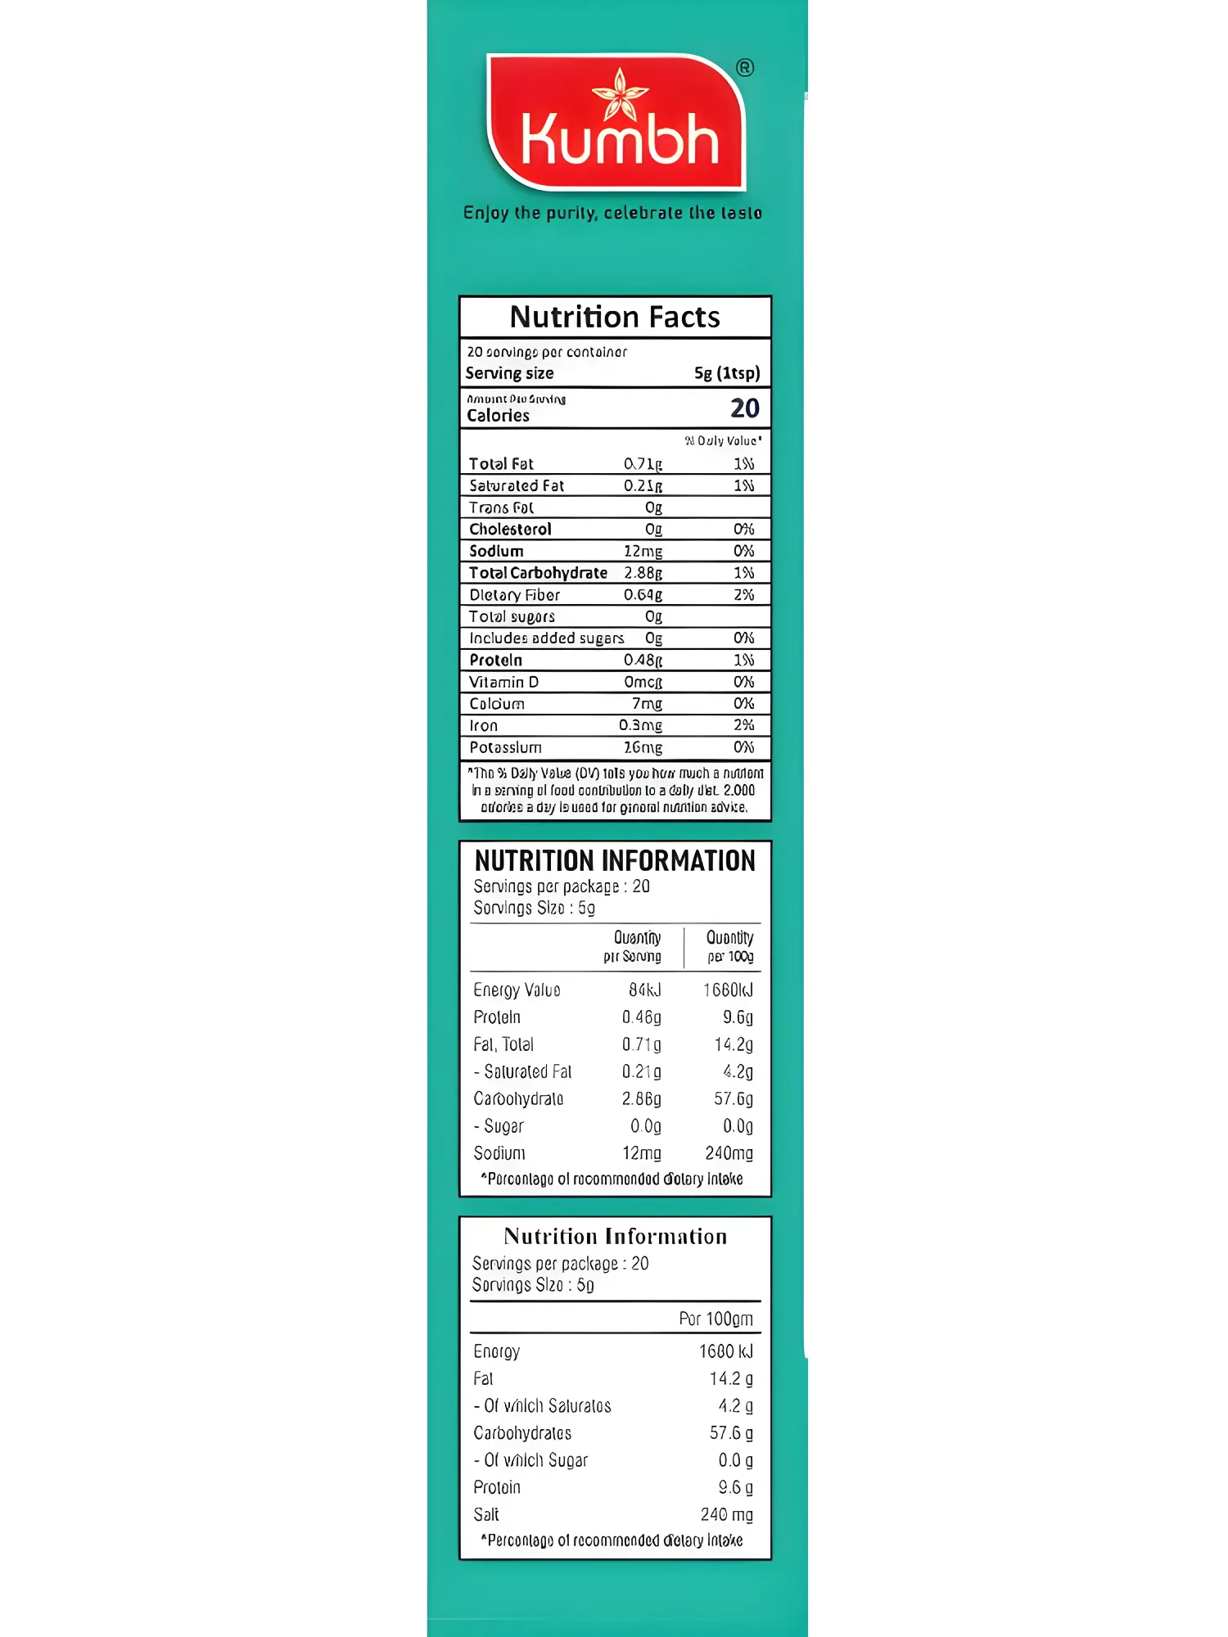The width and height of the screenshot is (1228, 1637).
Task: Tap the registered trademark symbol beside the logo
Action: click(744, 68)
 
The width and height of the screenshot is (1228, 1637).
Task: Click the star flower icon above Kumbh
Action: click(620, 93)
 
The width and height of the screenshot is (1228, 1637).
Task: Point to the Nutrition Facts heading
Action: click(615, 318)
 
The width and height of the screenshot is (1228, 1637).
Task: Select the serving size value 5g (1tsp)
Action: click(727, 373)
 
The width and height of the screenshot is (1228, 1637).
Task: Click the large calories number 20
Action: click(744, 408)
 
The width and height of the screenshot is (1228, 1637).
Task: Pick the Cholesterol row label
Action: click(510, 530)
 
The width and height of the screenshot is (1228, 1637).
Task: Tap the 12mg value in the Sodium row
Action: click(643, 552)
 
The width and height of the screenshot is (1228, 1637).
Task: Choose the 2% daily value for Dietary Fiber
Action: click(743, 595)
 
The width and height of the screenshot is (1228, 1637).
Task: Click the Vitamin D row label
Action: click(503, 683)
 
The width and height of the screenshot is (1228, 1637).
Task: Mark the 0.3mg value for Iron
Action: click(640, 726)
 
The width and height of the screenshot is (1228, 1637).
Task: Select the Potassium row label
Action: click(505, 748)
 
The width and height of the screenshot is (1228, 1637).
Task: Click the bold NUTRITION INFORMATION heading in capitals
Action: click(615, 861)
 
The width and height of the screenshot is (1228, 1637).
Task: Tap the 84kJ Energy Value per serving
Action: click(644, 990)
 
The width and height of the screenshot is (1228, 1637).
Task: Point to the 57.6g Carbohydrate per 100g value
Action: click(733, 1099)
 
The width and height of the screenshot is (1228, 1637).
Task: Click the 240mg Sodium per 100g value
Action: click(729, 1153)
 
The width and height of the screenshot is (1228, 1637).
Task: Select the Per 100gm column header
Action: click(716, 1319)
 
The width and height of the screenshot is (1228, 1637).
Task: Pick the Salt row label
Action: click(486, 1515)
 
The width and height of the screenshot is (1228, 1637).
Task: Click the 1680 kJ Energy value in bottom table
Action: click(725, 1351)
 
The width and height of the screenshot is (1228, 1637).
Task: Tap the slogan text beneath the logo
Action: click(612, 214)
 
